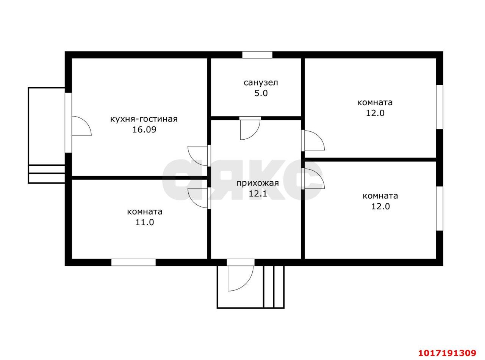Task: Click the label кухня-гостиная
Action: click(144, 119)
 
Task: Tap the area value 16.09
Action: click(144, 130)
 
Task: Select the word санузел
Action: click(261, 83)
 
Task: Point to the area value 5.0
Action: click(261, 94)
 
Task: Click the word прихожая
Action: click(257, 183)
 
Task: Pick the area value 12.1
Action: click(258, 194)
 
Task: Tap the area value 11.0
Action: click(144, 222)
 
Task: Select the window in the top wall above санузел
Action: click(257, 55)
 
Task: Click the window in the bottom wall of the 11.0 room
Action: click(133, 262)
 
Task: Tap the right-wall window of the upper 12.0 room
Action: click(440, 107)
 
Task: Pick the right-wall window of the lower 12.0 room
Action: click(440, 209)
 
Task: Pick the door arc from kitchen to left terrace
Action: click(87, 122)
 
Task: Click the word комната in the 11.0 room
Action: click(144, 212)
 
